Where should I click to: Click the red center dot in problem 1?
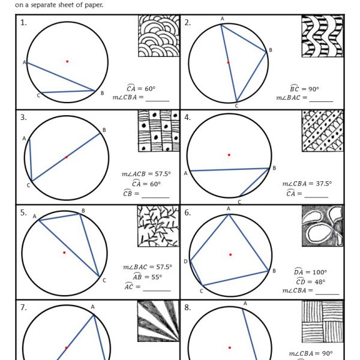[x=67, y=61]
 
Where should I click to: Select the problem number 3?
[x=23, y=118]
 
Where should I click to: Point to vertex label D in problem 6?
[x=185, y=261]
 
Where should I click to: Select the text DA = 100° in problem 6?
[x=310, y=272]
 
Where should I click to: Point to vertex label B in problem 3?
[x=104, y=130]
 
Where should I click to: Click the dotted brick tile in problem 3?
[x=158, y=131]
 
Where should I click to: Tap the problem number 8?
[x=188, y=308]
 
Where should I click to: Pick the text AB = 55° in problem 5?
[x=143, y=277]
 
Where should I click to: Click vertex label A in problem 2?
[x=222, y=19]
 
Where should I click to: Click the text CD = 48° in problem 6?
[x=310, y=281]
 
